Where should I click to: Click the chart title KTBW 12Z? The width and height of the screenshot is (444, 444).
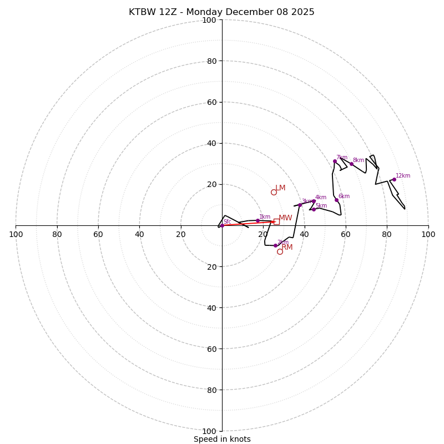click(221, 12)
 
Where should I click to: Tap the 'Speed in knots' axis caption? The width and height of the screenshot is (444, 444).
click(222, 439)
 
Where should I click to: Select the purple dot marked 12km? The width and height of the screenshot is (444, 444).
click(394, 179)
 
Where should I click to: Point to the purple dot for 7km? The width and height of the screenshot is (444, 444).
click(335, 161)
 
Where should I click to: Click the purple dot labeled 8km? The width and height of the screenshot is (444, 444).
click(351, 164)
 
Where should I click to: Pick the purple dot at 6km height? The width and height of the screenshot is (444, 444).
click(336, 200)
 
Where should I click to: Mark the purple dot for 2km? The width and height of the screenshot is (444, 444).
click(275, 245)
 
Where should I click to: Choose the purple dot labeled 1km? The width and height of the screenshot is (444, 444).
click(258, 220)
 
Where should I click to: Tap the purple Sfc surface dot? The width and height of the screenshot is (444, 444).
click(222, 225)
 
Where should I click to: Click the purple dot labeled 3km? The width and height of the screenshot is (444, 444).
click(300, 205)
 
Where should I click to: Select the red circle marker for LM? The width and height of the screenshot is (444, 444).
click(274, 193)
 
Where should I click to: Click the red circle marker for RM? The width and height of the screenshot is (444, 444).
click(280, 251)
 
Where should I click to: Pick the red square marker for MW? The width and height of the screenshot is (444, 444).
click(276, 221)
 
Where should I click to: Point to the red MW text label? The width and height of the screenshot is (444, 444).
click(285, 218)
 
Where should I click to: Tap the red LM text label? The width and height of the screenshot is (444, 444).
click(280, 188)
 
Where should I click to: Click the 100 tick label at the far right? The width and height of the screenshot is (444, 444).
click(428, 234)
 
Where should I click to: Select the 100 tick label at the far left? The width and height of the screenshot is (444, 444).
click(16, 234)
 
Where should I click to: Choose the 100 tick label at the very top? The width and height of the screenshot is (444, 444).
click(209, 20)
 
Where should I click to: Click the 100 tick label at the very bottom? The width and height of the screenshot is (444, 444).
click(209, 431)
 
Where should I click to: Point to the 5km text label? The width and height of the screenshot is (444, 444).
click(321, 206)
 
